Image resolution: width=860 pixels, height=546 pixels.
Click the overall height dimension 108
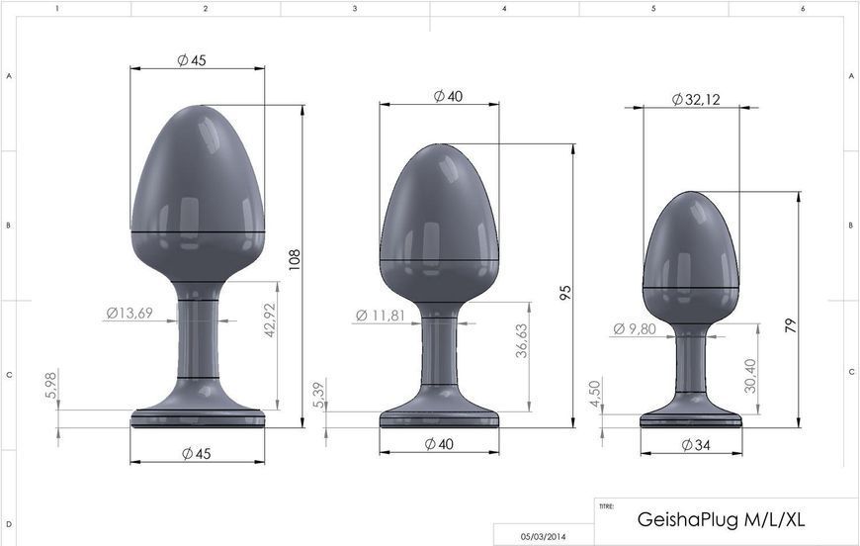pos(294,259)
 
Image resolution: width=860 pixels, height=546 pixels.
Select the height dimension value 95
pos(564,293)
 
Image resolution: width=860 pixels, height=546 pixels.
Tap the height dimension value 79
pos(790,324)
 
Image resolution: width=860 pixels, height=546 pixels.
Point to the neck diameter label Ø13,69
pos(129,314)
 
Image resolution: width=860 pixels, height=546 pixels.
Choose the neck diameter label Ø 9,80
pos(635,329)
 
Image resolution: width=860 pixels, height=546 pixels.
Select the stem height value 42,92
pos(270,318)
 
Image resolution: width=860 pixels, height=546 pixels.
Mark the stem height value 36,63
pos(521,342)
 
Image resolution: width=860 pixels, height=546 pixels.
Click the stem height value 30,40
pos(750,376)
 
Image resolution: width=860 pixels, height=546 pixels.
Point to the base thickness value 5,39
pos(316,394)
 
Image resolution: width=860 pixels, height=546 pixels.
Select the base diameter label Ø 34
pos(695,445)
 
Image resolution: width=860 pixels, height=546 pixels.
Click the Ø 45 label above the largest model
pos(192,60)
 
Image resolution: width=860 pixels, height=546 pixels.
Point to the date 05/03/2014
pos(544,537)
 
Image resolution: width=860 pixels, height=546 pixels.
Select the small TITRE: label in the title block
pos(606,505)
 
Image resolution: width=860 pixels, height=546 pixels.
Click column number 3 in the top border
pos(355,8)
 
